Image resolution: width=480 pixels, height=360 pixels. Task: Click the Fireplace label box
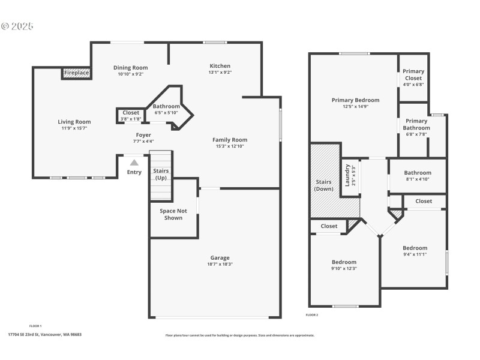pos(77,73)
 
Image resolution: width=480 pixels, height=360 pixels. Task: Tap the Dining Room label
pos(131,68)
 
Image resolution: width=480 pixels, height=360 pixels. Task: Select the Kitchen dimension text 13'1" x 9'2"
pos(220,73)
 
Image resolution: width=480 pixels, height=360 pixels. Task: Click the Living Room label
pos(74,122)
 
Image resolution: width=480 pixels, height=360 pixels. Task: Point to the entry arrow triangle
pos(134,162)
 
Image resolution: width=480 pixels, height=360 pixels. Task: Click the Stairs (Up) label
pos(161,175)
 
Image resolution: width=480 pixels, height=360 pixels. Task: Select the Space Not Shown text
pos(173,214)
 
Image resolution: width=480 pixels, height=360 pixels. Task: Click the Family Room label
pos(230,140)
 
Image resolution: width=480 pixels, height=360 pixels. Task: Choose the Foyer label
pos(143,135)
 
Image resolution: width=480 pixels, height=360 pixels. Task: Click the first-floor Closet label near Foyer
pos(131,113)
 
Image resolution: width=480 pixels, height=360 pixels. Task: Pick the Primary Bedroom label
pos(355,100)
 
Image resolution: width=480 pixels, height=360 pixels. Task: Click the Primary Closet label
pos(413,75)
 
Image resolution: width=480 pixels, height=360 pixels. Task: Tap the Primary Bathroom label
pos(416,124)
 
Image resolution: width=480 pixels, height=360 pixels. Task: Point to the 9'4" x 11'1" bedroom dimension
pos(415,254)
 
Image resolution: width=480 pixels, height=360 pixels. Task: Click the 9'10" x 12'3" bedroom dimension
pos(344,268)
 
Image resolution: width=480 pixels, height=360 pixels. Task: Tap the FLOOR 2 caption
pos(312,315)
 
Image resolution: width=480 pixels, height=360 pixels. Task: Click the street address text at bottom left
pos(44,334)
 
